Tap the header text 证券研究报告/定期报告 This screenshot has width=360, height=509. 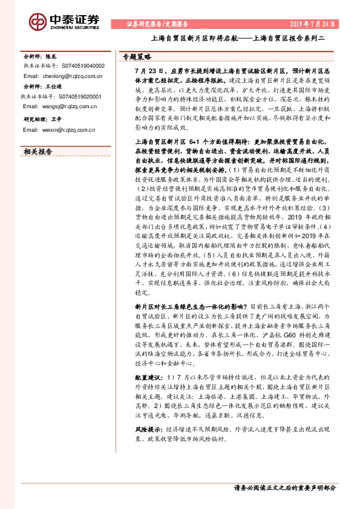click(x=158, y=25)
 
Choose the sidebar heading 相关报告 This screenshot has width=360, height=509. click(x=38, y=152)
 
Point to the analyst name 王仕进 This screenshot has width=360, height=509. click(x=61, y=86)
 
